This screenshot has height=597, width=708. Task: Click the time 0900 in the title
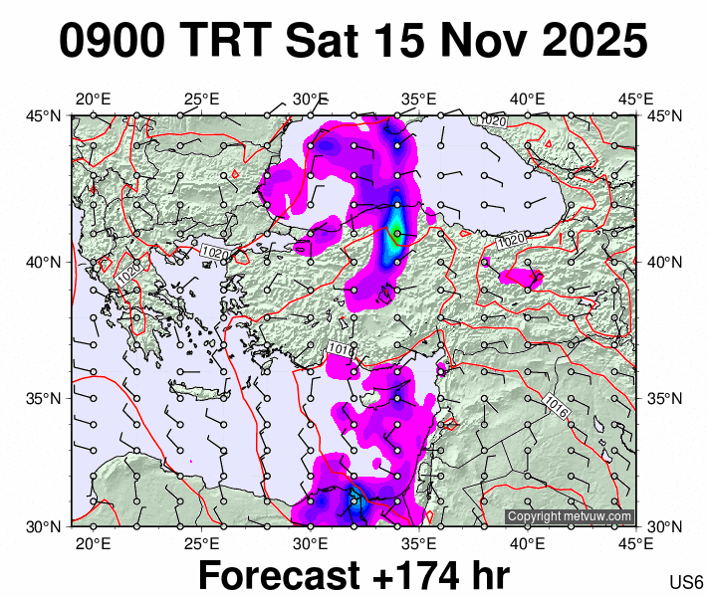coord(113,42)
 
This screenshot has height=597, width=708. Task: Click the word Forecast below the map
coord(278,576)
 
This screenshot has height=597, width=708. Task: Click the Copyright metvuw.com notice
coord(570,516)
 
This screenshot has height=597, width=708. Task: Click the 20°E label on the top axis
coord(93,99)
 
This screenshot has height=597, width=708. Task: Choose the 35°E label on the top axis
coord(419,99)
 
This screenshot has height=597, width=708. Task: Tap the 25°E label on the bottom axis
coord(201,543)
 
